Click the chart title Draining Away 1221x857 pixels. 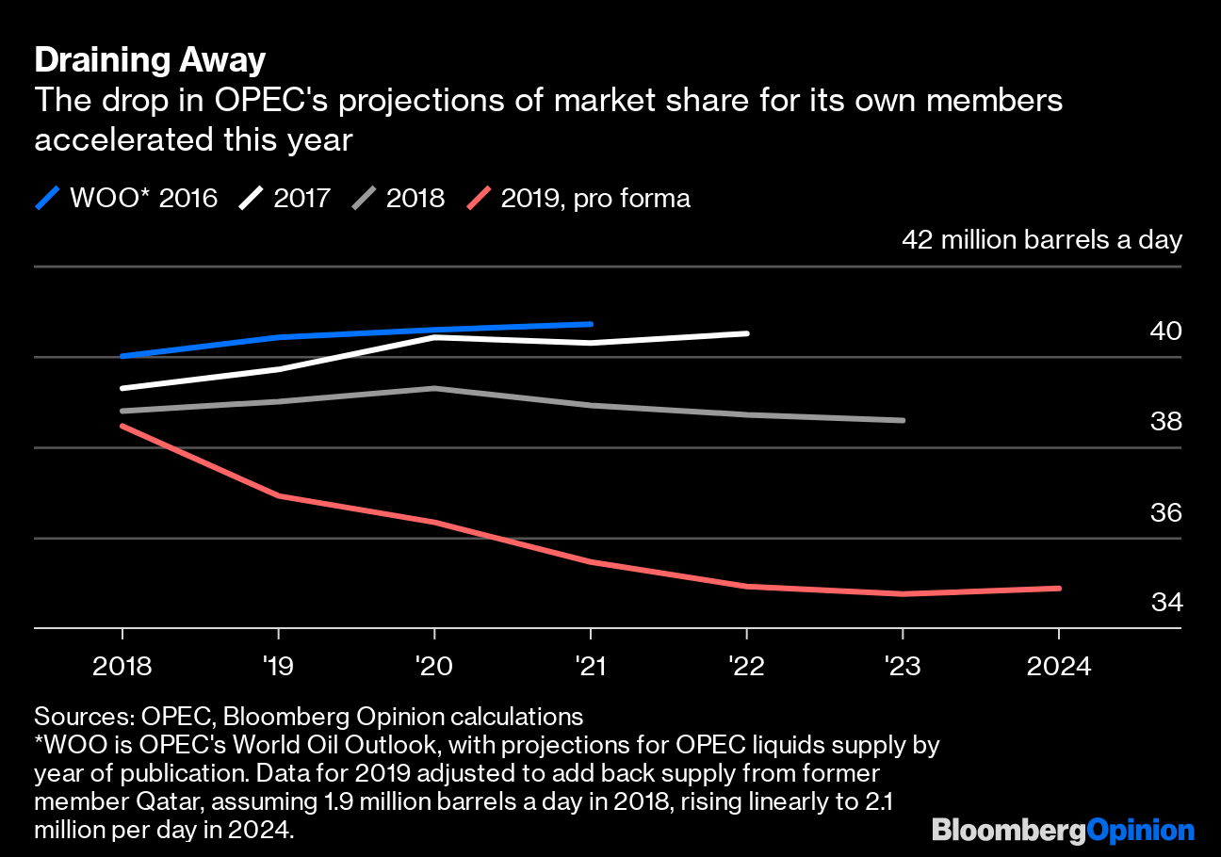pyautogui.click(x=150, y=60)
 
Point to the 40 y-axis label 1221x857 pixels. pyautogui.click(x=1165, y=331)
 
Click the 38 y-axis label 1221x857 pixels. pyautogui.click(x=1165, y=421)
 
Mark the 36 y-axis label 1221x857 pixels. pyautogui.click(x=1165, y=513)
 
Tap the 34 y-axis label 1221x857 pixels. pyautogui.click(x=1165, y=602)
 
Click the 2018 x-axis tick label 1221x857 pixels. pyautogui.click(x=122, y=667)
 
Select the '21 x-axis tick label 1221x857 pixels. pyautogui.click(x=591, y=667)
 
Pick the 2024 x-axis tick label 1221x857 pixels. pyautogui.click(x=1058, y=667)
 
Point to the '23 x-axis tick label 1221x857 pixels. pyautogui.click(x=903, y=667)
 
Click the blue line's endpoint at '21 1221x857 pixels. pyautogui.click(x=591, y=324)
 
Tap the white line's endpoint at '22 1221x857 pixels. pyautogui.click(x=746, y=333)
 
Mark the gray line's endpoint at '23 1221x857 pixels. pyautogui.click(x=903, y=420)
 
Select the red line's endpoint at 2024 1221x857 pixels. pyautogui.click(x=1059, y=589)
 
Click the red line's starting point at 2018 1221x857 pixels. pyautogui.click(x=122, y=426)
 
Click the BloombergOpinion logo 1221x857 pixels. pyautogui.click(x=1063, y=831)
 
